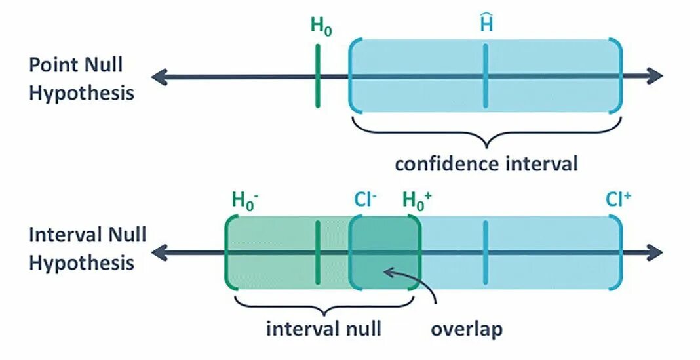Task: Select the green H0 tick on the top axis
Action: click(317, 76)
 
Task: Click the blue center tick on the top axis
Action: click(486, 76)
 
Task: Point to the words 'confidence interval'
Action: click(486, 163)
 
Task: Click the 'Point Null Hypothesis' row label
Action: click(81, 79)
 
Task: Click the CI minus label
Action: click(364, 200)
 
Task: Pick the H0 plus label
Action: click(417, 200)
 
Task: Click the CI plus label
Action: click(618, 200)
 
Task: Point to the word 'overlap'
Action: click(467, 327)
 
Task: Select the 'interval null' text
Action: click(323, 327)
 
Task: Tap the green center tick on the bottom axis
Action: click(317, 252)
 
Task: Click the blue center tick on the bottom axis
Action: click(486, 252)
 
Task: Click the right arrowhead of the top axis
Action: click(655, 77)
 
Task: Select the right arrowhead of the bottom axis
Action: click(655, 252)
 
